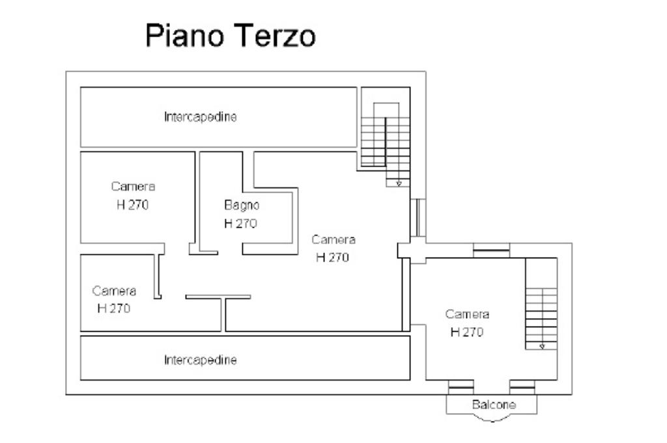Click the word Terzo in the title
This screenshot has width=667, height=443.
pyautogui.click(x=273, y=36)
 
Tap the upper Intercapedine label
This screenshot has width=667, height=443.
pyautogui.click(x=200, y=118)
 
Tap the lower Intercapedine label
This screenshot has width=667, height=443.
pyautogui.click(x=200, y=360)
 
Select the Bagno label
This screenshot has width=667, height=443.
pyautogui.click(x=242, y=206)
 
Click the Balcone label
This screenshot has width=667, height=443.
pyautogui.click(x=493, y=405)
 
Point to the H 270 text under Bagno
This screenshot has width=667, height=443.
pyautogui.click(x=240, y=224)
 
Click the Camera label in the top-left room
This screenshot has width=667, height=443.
pyautogui.click(x=133, y=187)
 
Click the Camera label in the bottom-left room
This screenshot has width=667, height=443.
pyautogui.click(x=114, y=291)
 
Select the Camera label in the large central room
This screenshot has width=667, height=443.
pyautogui.click(x=333, y=239)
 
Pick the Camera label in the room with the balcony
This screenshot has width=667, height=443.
pyautogui.click(x=467, y=314)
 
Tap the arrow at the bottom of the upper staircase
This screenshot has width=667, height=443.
pyautogui.click(x=399, y=184)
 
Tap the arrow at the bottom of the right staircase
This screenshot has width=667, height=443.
pyautogui.click(x=542, y=347)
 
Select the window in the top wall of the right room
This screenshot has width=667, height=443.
pyautogui.click(x=491, y=250)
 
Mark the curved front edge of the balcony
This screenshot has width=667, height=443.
pyautogui.click(x=492, y=420)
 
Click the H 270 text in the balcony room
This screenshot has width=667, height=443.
pyautogui.click(x=467, y=332)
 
